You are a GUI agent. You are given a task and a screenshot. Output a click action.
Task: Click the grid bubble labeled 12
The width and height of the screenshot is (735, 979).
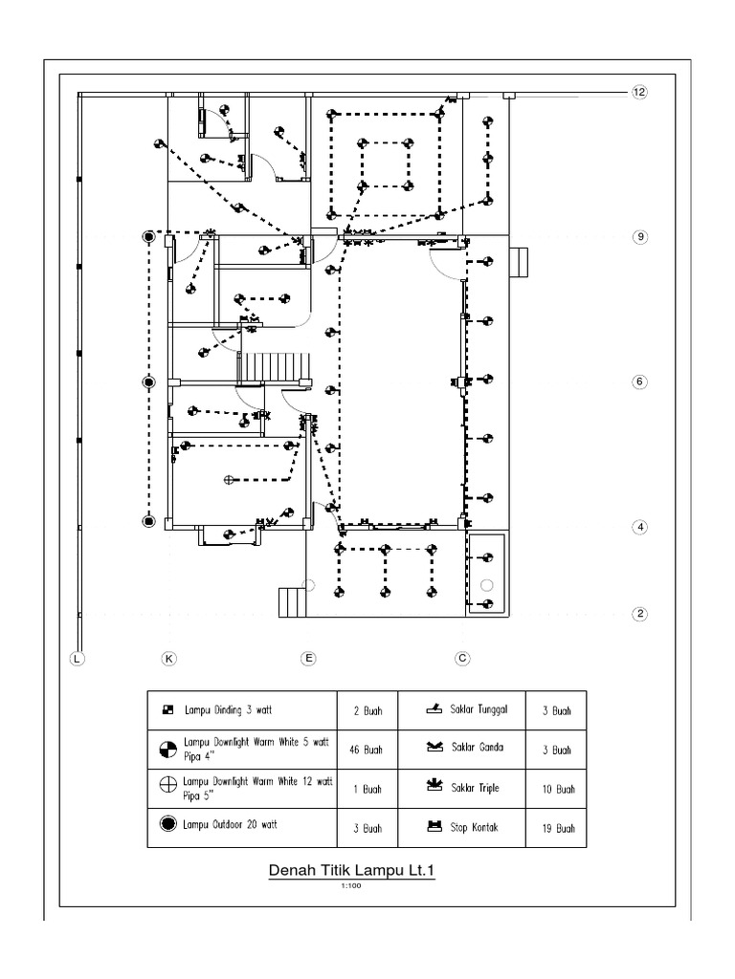639,92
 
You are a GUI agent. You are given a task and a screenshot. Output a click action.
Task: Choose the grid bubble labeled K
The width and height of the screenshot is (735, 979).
168,658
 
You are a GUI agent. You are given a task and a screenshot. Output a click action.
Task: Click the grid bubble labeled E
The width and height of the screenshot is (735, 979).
308,658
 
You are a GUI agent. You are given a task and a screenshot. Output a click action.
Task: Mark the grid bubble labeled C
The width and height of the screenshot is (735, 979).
462,658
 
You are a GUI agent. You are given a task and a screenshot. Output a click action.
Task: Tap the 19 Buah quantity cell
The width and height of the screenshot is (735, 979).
556,828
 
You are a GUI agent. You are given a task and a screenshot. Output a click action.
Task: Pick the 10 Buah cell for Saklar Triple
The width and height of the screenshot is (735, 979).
556,789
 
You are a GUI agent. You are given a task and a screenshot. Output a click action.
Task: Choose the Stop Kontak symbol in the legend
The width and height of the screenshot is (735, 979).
434,826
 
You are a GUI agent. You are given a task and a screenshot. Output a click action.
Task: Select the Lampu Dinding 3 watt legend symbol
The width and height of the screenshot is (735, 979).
167,710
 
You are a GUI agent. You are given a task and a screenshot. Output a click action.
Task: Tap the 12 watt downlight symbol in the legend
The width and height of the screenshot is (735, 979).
167,785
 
